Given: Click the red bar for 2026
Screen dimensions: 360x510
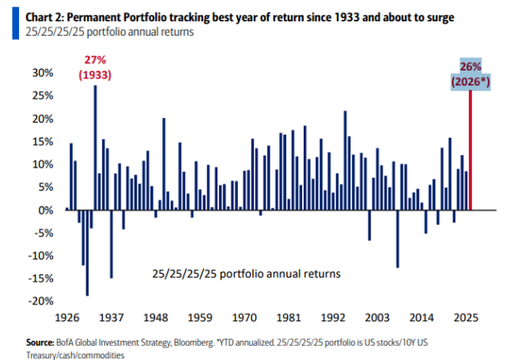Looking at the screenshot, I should [470, 151].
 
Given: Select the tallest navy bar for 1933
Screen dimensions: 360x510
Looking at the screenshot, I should [95, 147].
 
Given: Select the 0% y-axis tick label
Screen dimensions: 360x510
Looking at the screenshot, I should [44, 210].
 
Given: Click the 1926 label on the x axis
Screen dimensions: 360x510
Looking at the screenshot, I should [66, 317].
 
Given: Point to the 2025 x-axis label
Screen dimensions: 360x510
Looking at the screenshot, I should [465, 317].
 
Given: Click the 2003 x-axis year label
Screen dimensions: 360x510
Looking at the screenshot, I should [375, 317].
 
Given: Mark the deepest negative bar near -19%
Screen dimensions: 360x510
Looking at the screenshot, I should [86, 253].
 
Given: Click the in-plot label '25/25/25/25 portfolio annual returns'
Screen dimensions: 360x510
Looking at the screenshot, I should [246, 274].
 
